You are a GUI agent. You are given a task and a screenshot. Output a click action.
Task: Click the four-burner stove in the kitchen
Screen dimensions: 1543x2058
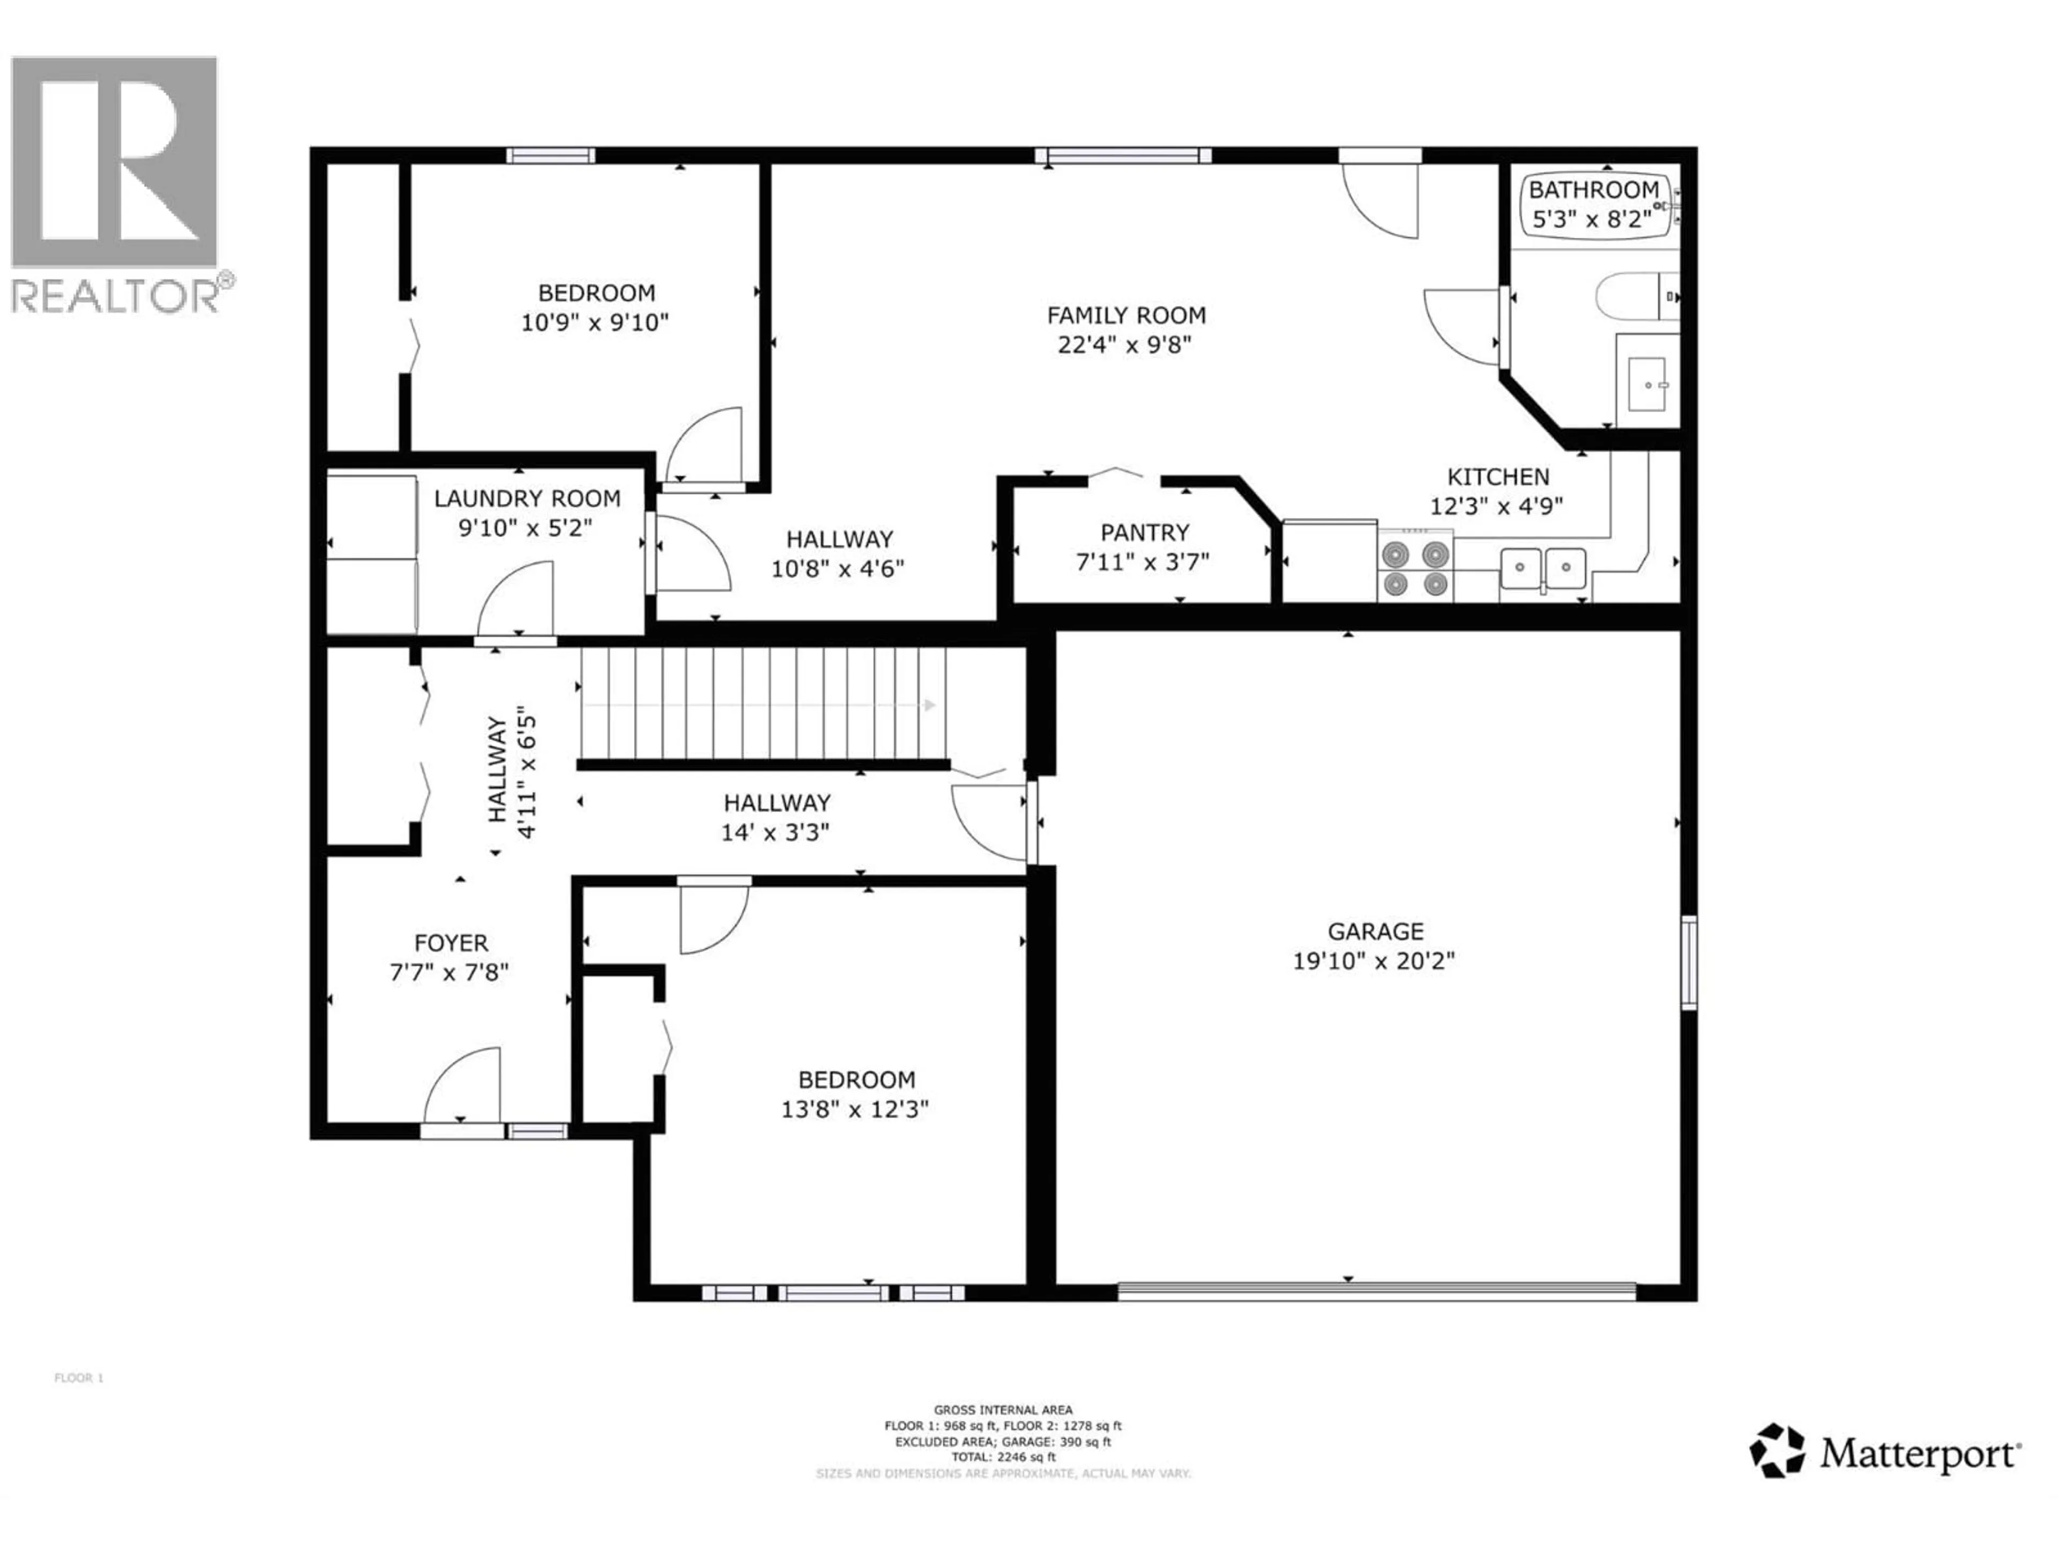click(1415, 568)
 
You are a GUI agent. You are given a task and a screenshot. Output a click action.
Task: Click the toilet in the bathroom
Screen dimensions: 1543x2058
click(1636, 297)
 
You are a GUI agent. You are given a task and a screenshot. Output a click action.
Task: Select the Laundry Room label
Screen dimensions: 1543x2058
click(527, 498)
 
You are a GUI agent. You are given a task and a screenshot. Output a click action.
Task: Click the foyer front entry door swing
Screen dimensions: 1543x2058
click(463, 1087)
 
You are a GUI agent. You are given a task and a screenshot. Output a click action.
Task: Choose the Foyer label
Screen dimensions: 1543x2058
click(450, 943)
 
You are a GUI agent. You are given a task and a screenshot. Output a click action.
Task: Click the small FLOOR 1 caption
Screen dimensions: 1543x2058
click(79, 1377)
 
